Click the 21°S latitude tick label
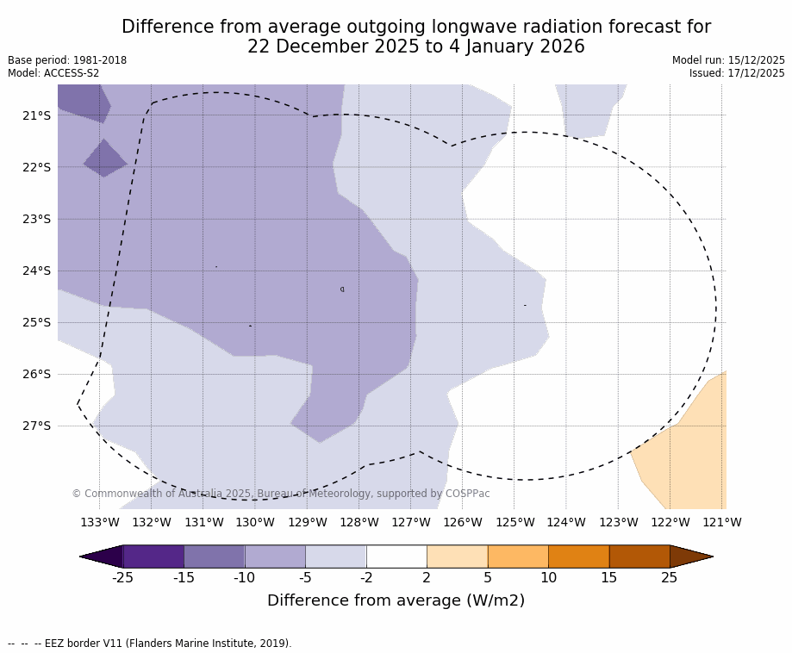pyautogui.click(x=36, y=115)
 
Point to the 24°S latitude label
pyautogui.click(x=36, y=271)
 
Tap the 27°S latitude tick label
pyautogui.click(x=36, y=426)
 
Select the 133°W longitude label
pyautogui.click(x=100, y=522)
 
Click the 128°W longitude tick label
pyautogui.click(x=359, y=522)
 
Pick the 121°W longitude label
pyautogui.click(x=722, y=522)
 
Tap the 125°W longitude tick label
pyautogui.click(x=514, y=522)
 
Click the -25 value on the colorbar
pyautogui.click(x=122, y=577)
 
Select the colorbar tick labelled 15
pyautogui.click(x=608, y=577)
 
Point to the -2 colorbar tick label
pyautogui.click(x=366, y=577)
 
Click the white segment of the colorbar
pyautogui.click(x=396, y=557)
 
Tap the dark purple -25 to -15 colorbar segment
pyautogui.click(x=153, y=557)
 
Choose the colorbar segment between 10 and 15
pyautogui.click(x=578, y=557)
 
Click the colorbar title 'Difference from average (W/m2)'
pyautogui.click(x=396, y=600)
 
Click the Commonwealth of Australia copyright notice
pyautogui.click(x=281, y=494)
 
